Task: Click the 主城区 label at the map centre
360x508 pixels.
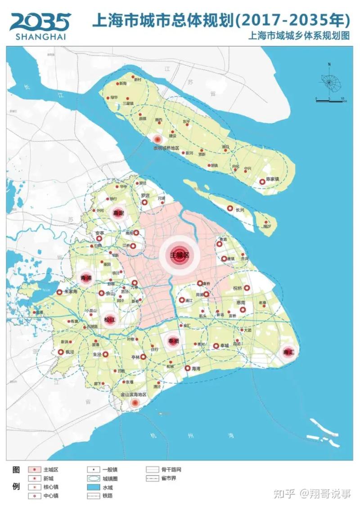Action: [179, 255]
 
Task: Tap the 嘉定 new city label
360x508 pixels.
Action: [118, 213]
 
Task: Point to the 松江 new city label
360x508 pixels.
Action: [109, 320]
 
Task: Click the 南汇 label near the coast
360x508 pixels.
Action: [288, 352]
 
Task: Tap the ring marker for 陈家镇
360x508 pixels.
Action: [262, 182]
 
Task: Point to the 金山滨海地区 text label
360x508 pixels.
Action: [134, 394]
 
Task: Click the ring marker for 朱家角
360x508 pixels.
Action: [59, 292]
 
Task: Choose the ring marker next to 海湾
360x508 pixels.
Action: [188, 368]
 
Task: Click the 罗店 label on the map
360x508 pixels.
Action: [145, 196]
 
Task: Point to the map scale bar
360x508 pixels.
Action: [330, 100]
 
